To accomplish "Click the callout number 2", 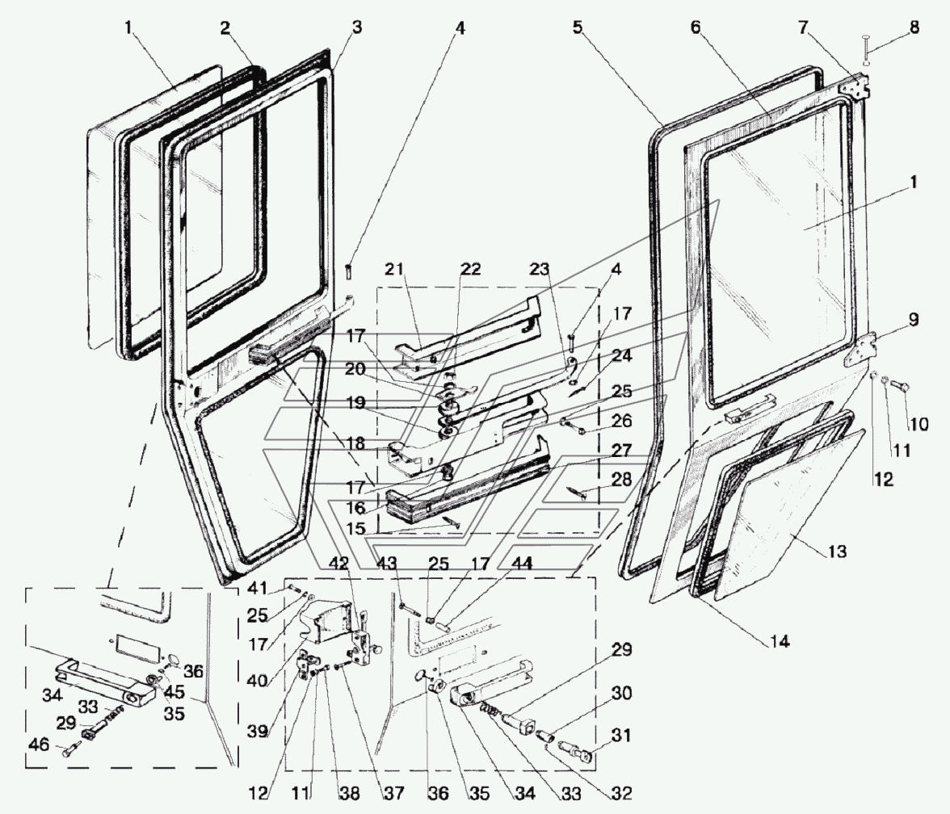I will pos(225,28).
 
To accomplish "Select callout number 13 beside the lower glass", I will pos(836,552).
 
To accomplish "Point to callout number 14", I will pos(779,643).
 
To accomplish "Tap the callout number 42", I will pos(341,564).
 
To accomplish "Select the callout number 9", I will pos(913,320).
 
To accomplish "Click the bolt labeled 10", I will pos(897,388).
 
